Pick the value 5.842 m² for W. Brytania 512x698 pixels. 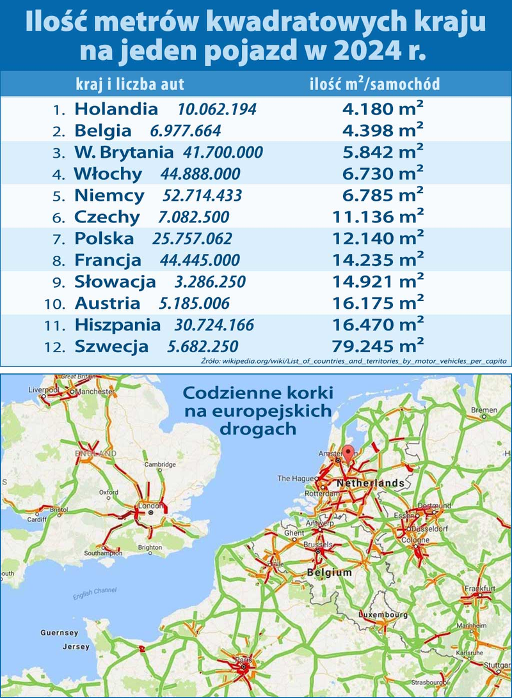380,152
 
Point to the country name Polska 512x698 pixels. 104,238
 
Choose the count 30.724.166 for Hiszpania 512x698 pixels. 214,325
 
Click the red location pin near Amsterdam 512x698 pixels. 348,453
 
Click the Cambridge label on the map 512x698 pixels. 160,465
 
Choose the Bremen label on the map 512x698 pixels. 484,409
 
